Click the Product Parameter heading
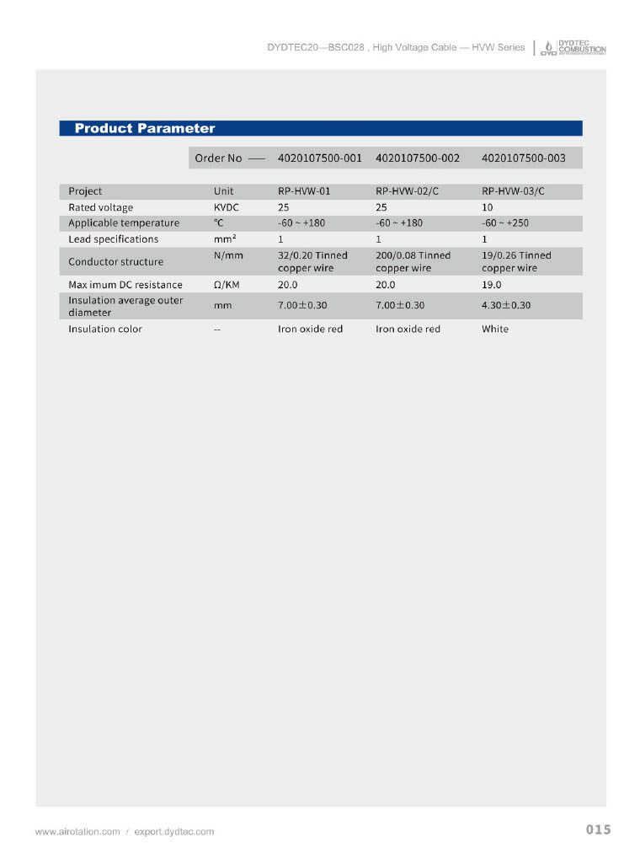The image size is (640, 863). point(145,128)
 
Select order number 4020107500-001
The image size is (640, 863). point(319,158)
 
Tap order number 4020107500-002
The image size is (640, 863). point(418,158)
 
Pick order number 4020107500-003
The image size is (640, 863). point(523,158)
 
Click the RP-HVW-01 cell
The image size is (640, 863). point(304,191)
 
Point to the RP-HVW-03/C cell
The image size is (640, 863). point(513,191)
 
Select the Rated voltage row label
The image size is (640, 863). point(100,207)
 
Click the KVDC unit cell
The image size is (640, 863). point(226,207)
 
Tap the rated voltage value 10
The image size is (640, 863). point(488,207)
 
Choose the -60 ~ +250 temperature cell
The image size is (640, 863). point(505,223)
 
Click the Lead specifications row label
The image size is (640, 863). point(113,239)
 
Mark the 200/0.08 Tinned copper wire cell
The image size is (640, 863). point(413,261)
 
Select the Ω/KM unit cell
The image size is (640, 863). point(228,285)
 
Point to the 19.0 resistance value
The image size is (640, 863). point(492,285)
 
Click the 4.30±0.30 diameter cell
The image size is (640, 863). point(506,305)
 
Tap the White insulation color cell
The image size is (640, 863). point(495,330)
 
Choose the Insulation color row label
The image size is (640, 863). point(105,330)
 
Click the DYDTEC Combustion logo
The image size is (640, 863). point(573,47)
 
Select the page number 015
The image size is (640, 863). point(598,830)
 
